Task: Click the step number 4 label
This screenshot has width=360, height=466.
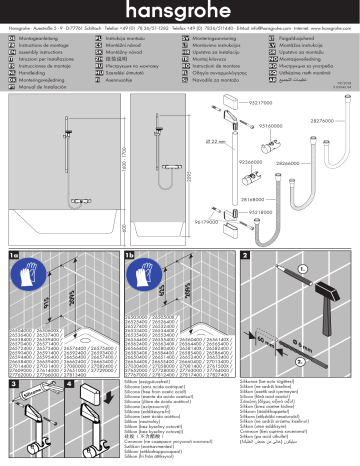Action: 69,385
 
